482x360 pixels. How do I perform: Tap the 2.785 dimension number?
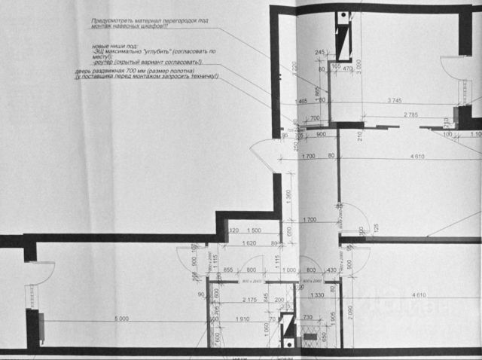click(410, 114)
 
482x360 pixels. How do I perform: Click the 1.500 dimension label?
click(253, 230)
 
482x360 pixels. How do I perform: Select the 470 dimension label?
click(347, 66)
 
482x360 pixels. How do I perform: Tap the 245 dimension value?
click(320, 51)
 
